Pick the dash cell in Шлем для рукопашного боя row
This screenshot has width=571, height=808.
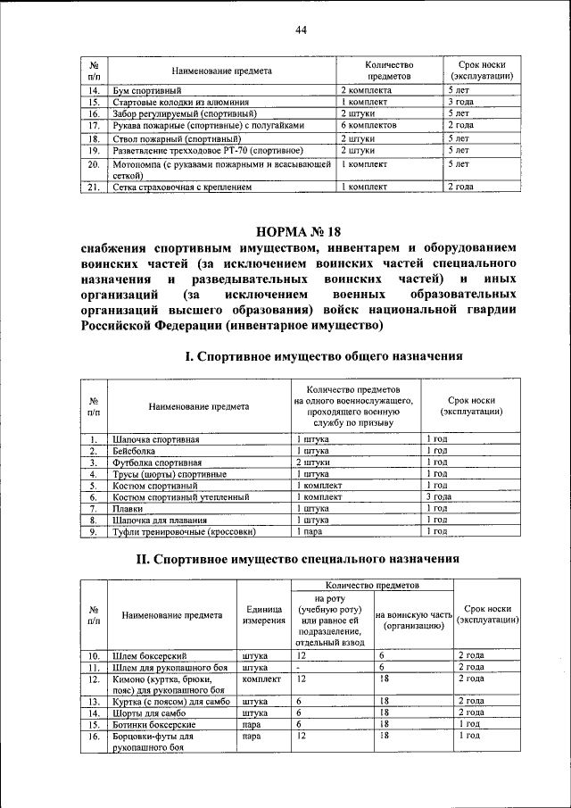299,667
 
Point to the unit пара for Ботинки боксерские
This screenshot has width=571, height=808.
251,725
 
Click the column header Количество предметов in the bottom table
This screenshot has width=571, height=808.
373,584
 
